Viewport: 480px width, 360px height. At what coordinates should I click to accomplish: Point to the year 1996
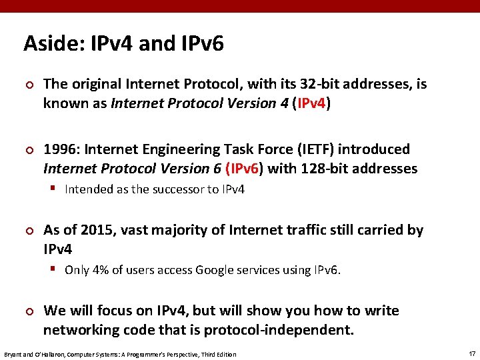tap(59, 149)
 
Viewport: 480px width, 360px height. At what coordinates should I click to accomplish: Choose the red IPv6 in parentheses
tap(246, 169)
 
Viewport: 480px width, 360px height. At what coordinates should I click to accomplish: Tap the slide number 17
tap(471, 353)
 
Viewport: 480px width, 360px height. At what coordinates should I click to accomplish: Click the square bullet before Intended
tap(54, 189)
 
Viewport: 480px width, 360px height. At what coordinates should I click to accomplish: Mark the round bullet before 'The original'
tap(29, 85)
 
